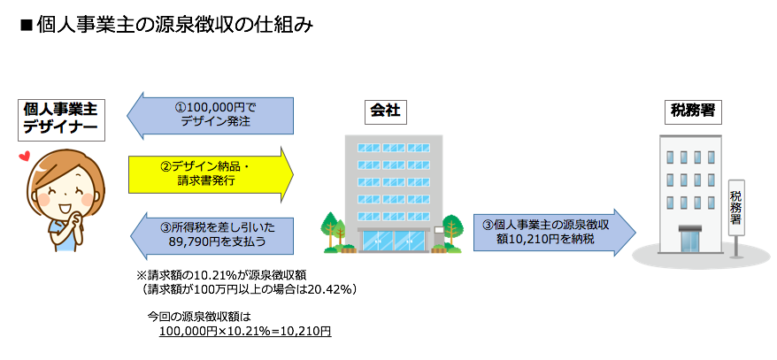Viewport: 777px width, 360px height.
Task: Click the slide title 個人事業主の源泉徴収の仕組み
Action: [174, 27]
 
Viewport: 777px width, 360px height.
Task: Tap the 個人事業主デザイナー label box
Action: [60, 120]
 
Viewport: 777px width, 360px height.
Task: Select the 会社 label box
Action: [385, 112]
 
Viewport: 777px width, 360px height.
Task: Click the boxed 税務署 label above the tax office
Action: [693, 112]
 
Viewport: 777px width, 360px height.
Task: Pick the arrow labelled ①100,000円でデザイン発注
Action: [210, 115]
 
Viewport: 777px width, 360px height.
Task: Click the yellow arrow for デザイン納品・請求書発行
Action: [212, 174]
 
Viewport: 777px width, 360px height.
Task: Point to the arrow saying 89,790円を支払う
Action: [210, 235]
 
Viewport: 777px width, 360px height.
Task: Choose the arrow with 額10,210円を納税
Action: [554, 233]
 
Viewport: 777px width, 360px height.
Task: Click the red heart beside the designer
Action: [23, 157]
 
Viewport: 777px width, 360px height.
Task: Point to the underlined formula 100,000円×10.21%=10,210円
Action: [245, 331]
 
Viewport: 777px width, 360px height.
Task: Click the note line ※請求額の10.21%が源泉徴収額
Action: [225, 275]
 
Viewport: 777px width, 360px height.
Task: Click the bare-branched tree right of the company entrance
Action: [451, 231]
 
